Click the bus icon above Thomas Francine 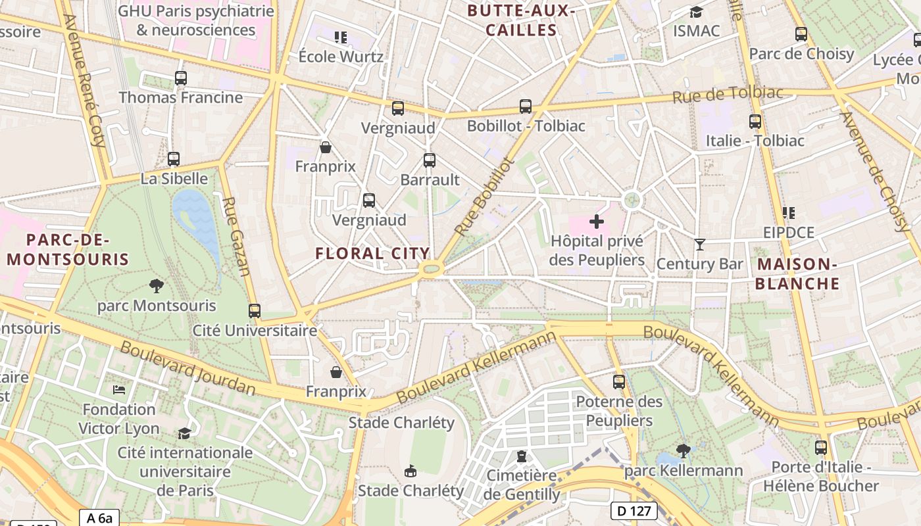181,78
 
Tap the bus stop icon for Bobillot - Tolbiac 525,107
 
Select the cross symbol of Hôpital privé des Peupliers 597,222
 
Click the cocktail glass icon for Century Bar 699,245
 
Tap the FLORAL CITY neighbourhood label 372,253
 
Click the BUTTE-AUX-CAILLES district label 521,20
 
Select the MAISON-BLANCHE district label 797,274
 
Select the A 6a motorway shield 99,518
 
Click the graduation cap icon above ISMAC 696,12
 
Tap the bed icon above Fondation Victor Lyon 119,390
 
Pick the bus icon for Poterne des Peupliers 618,381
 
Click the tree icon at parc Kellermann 684,451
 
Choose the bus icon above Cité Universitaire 255,311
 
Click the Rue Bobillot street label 483,196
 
